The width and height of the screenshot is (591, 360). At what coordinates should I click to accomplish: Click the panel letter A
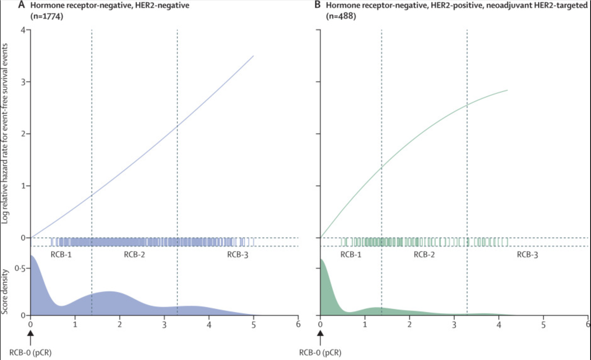(x=21, y=5)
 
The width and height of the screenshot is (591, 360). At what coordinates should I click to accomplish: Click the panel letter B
(x=317, y=5)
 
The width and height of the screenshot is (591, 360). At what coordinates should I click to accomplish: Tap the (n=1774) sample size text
(x=47, y=16)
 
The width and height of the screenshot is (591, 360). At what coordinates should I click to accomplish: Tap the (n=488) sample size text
(x=341, y=16)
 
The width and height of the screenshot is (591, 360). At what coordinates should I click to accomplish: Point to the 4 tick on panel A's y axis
(x=23, y=30)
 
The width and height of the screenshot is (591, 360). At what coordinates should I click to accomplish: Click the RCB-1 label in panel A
(x=61, y=255)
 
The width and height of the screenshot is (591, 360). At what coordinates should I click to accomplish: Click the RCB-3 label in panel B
(x=527, y=255)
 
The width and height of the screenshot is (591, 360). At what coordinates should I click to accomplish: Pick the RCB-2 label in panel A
(x=134, y=255)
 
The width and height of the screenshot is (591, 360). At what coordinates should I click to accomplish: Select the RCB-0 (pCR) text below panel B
(x=320, y=353)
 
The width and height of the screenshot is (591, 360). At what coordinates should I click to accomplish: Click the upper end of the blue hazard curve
(x=253, y=56)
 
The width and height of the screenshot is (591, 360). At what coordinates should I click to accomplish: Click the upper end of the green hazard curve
(x=507, y=90)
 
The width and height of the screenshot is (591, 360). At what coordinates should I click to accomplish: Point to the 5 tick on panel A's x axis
(x=254, y=325)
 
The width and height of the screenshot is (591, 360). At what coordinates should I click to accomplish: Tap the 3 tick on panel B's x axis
(x=454, y=325)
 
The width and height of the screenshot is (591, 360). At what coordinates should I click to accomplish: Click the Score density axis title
(x=4, y=291)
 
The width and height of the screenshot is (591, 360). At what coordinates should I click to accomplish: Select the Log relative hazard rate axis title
(x=4, y=133)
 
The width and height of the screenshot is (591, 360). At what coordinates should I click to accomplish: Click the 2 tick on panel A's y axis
(x=23, y=134)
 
